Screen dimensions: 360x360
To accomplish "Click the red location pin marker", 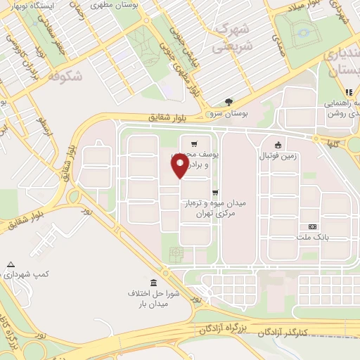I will click(x=180, y=166).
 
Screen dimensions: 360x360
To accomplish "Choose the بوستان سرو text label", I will click(x=228, y=112).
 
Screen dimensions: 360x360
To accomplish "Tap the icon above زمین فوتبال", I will click(x=280, y=146).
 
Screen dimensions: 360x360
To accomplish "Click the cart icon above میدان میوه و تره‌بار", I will click(x=214, y=191).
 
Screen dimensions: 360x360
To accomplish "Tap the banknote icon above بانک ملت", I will click(x=314, y=226).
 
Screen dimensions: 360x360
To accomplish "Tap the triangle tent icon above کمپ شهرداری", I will click(x=10, y=265).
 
